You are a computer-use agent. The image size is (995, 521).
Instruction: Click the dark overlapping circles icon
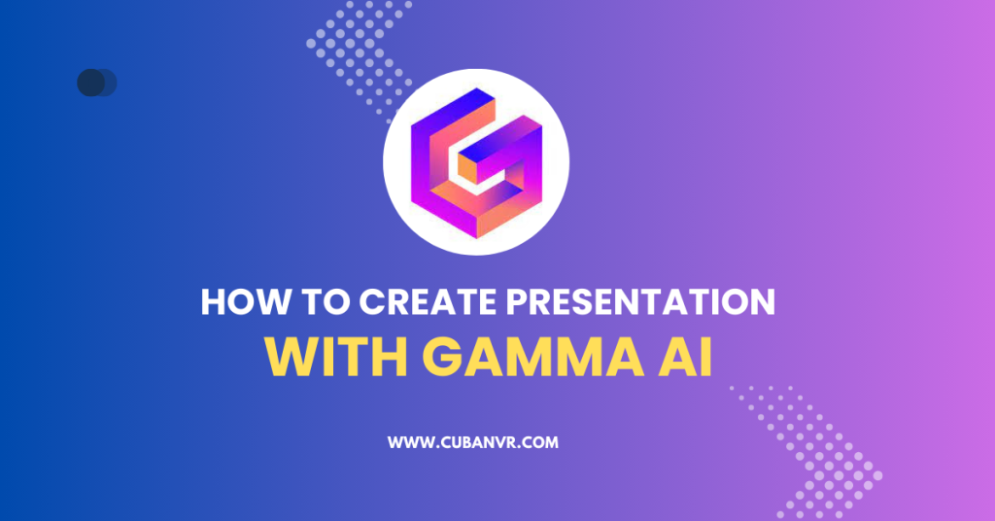[96, 83]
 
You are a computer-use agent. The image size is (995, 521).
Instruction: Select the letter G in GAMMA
[444, 357]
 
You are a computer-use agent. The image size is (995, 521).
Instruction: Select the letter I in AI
[704, 357]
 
